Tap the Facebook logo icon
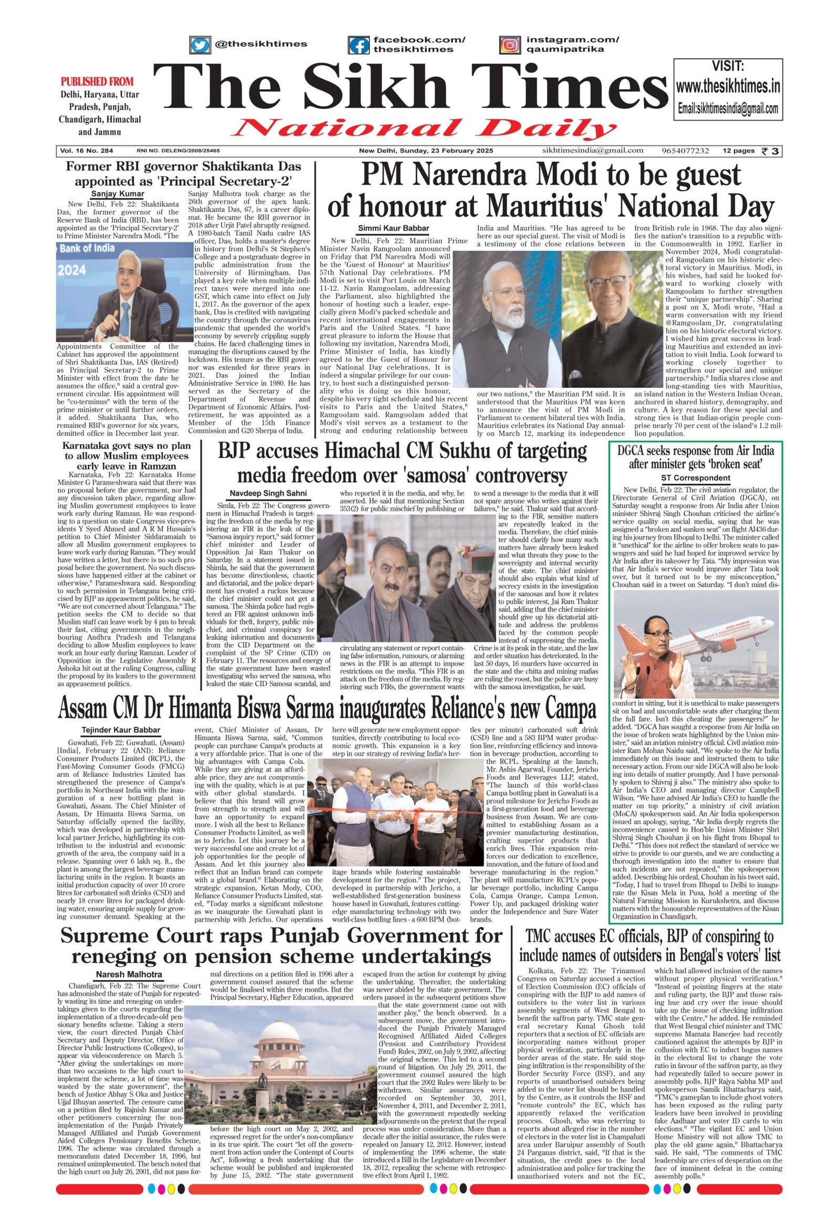pyautogui.click(x=359, y=45)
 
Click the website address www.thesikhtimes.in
pyautogui.click(x=728, y=86)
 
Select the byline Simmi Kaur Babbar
pyautogui.click(x=394, y=228)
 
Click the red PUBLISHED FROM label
pyautogui.click(x=97, y=81)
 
